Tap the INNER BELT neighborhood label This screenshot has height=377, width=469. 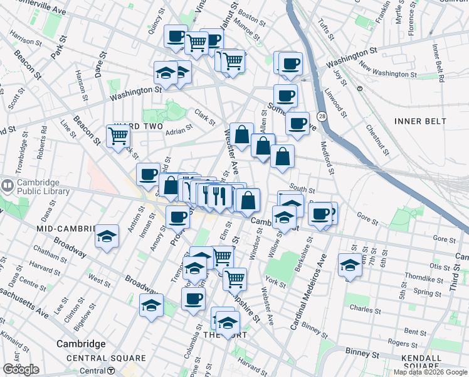tap(420, 121)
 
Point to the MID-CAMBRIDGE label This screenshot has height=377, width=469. tap(66, 228)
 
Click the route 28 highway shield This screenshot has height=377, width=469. tap(322, 117)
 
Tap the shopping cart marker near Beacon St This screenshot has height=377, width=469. tap(118, 136)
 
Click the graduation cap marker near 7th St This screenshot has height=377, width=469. tap(349, 265)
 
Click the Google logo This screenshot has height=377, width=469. tap(21, 369)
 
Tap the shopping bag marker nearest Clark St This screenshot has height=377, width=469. tap(241, 134)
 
